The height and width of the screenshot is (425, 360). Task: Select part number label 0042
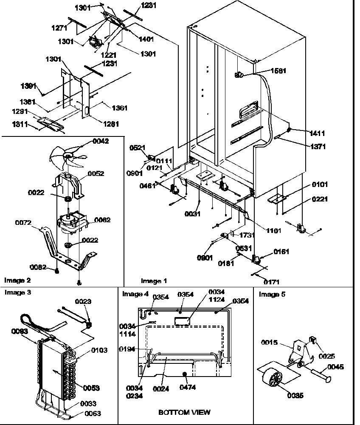[x=100, y=142]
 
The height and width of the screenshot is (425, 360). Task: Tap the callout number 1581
[x=278, y=71]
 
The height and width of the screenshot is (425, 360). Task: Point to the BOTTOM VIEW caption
[x=184, y=412]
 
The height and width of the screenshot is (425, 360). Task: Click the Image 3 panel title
[x=17, y=292]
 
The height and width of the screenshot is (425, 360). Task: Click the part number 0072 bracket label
[x=24, y=222]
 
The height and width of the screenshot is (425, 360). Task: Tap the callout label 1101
[x=273, y=231]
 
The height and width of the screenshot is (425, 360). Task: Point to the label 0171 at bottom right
[x=271, y=281]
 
